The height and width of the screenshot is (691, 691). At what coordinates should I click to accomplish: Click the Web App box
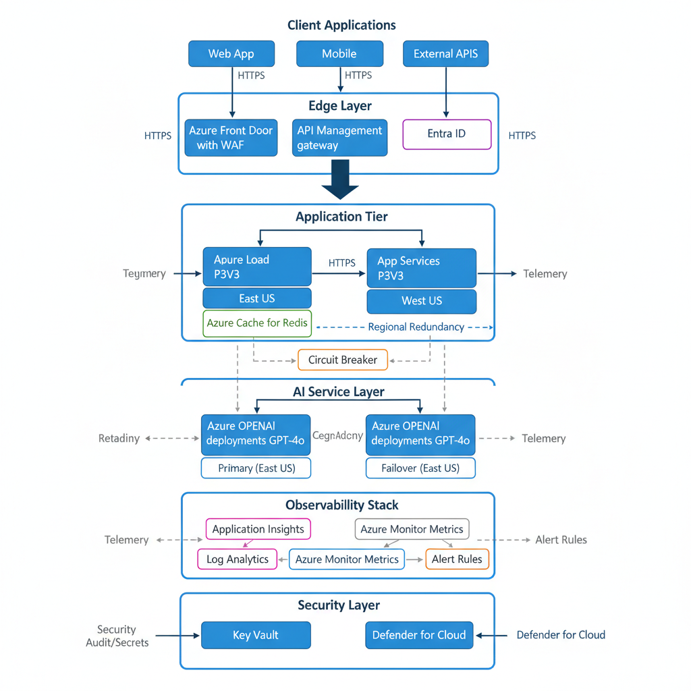231,54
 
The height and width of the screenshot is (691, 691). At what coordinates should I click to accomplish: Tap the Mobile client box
339,54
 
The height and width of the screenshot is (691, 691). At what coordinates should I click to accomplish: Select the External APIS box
445,54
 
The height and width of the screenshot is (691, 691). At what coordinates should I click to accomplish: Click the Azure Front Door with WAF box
231,138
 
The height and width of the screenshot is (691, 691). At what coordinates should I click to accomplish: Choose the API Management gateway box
339,138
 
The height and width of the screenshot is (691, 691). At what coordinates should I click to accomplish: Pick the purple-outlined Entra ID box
447,134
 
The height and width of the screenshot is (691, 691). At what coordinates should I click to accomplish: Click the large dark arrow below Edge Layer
341,179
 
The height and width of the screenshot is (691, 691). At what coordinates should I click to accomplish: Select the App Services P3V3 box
421,269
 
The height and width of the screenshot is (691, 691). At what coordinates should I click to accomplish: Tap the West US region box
421,301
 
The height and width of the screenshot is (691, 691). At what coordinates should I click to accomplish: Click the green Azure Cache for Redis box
257,323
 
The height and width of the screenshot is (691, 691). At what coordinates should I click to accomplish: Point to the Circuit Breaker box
343,360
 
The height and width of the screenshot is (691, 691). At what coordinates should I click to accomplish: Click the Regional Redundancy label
416,327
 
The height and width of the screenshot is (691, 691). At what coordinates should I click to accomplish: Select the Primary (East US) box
256,468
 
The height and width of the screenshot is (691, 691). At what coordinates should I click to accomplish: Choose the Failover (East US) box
420,468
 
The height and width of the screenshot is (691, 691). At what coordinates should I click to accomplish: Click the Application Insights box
258,529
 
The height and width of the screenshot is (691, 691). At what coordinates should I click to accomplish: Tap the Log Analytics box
238,559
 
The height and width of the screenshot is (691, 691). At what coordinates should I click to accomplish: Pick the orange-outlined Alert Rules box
457,559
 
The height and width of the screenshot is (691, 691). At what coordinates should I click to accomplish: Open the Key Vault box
256,635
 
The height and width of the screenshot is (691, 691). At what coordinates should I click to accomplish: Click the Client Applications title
341,26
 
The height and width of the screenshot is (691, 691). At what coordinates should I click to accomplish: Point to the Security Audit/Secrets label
117,636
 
